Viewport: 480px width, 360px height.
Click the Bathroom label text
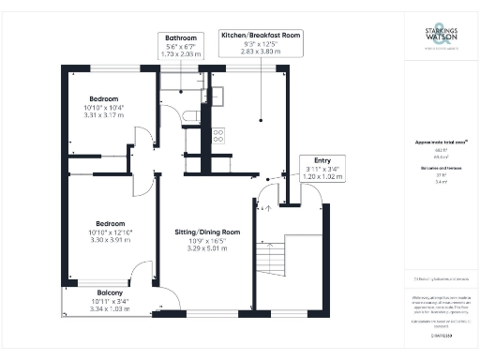coord(182,38)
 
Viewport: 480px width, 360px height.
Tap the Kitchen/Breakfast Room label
coord(260,35)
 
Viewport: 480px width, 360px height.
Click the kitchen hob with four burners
coord(217,134)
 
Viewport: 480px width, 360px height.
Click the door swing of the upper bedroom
coord(143,140)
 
